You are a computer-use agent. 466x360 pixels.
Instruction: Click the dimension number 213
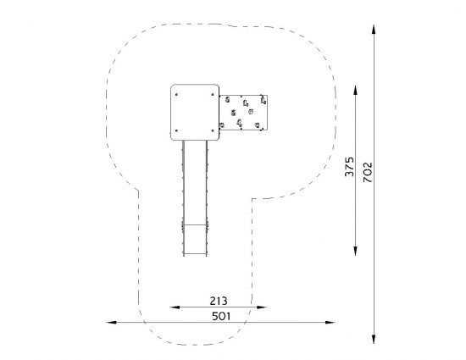click(x=219, y=301)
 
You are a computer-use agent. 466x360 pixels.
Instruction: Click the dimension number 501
click(x=221, y=316)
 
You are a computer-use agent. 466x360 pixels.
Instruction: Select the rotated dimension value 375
click(x=349, y=167)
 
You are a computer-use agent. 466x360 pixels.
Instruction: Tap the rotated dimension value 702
click(x=368, y=172)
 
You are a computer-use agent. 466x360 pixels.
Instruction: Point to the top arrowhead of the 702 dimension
click(x=374, y=30)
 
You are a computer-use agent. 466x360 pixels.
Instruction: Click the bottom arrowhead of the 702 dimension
click(x=374, y=339)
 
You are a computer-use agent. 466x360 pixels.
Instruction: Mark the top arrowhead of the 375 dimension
click(x=356, y=90)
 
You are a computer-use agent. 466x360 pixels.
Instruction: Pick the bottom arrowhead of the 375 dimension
click(x=356, y=251)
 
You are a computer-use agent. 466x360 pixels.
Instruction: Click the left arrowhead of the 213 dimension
click(x=175, y=307)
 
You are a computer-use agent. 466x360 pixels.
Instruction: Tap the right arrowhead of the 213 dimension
click(x=262, y=307)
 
